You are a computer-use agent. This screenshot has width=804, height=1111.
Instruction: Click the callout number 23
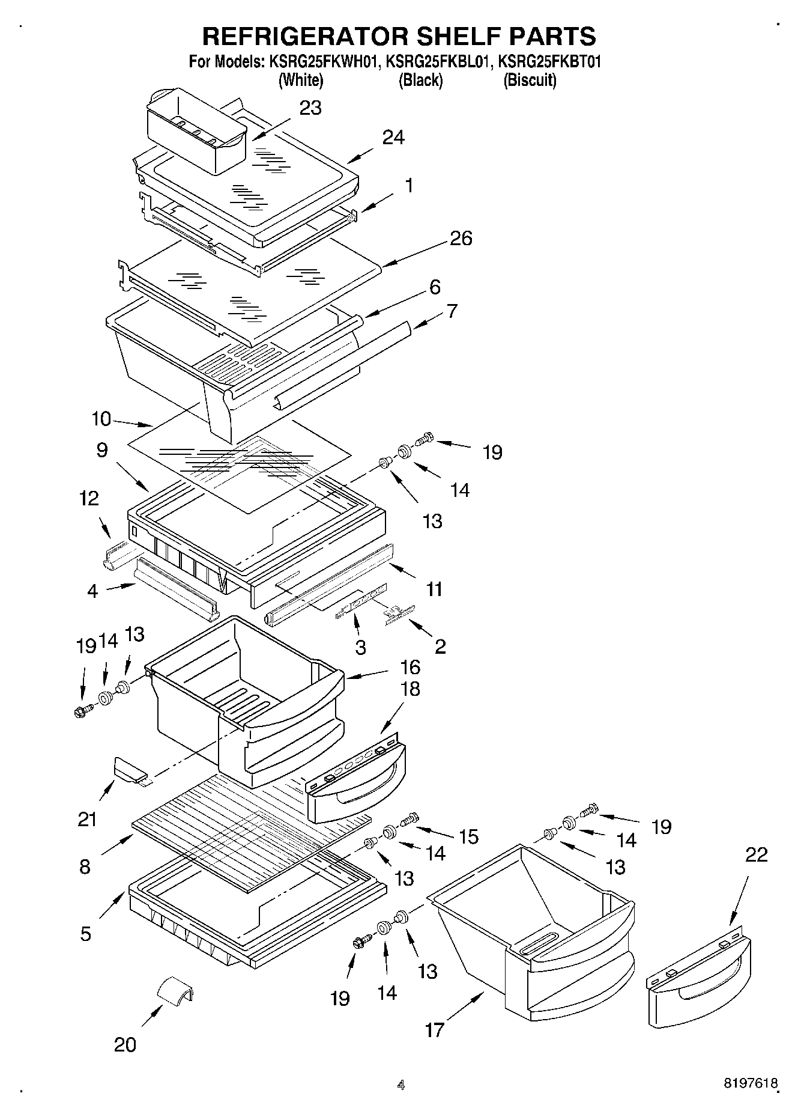pyautogui.click(x=310, y=108)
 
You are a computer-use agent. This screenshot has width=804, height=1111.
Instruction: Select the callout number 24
pyautogui.click(x=393, y=138)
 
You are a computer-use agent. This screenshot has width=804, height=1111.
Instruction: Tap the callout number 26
pyautogui.click(x=461, y=239)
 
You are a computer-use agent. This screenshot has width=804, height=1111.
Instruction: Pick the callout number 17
pyautogui.click(x=434, y=1030)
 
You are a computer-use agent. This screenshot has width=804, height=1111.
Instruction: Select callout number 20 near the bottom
pyautogui.click(x=125, y=1045)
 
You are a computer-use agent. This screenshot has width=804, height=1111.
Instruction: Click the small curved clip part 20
pyautogui.click(x=175, y=990)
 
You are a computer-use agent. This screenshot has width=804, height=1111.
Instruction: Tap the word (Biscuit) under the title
pyautogui.click(x=530, y=80)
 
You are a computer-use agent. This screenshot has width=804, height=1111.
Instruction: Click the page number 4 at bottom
pyautogui.click(x=400, y=1085)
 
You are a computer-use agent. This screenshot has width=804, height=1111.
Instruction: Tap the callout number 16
pyautogui.click(x=410, y=667)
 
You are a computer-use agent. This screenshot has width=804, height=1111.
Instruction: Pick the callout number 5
pyautogui.click(x=85, y=934)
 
